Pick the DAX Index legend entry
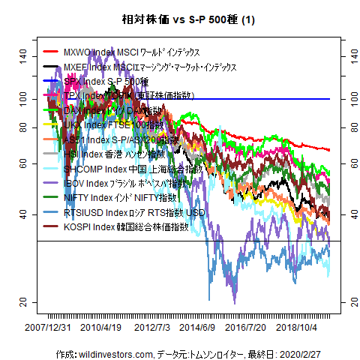[112, 111]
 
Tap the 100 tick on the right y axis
[349, 98]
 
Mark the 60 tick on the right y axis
[349, 163]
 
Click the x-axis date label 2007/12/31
[49, 328]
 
